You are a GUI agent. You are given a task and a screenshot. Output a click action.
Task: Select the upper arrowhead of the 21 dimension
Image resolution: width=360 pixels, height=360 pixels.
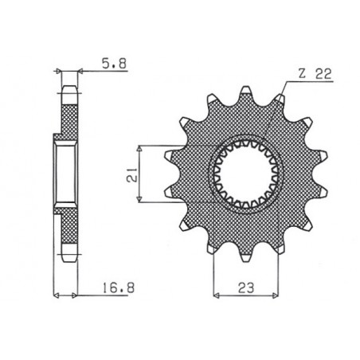point(140,148)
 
